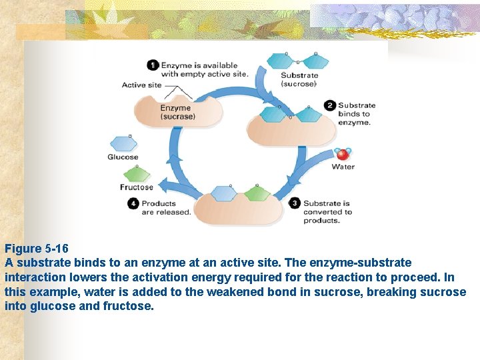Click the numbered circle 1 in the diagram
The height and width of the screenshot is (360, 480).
tap(153, 65)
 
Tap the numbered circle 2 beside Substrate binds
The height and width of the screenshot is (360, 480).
tap(329, 105)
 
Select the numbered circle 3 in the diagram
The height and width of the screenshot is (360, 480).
tap(295, 203)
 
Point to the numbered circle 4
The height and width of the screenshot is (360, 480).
tap(133, 203)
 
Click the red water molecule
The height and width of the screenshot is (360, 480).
tap(343, 154)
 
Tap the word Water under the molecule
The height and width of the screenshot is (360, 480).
tap(343, 167)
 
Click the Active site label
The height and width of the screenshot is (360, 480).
tap(141, 85)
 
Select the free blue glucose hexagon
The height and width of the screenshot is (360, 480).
tap(123, 143)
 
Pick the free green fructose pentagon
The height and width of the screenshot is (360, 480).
tap(136, 175)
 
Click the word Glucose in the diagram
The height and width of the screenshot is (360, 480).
tap(123, 157)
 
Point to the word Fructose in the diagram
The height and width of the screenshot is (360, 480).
tap(136, 187)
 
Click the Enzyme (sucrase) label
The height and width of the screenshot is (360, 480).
tap(177, 112)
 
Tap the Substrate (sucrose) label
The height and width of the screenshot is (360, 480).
tap(299, 79)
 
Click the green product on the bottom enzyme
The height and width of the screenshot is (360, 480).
tap(257, 193)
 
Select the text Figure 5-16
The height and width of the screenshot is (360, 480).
tap(36, 249)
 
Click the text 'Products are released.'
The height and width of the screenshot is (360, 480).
tap(166, 208)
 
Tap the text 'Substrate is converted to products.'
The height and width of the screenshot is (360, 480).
tap(327, 212)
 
